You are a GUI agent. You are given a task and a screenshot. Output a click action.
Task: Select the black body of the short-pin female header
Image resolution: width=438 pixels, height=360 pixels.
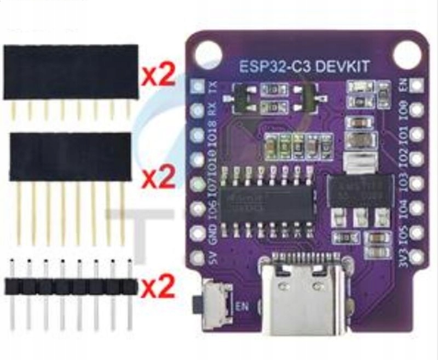71,72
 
